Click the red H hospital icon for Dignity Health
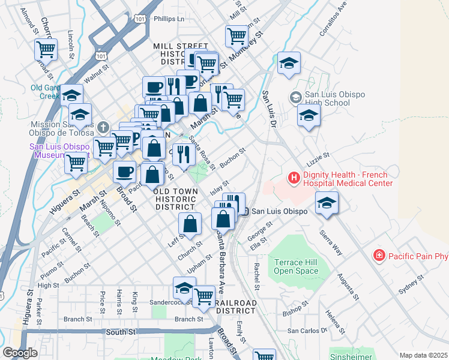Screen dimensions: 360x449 294,178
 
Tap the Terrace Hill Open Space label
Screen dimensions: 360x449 296,266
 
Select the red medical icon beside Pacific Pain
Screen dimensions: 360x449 379,256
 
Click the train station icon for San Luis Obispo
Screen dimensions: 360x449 245,211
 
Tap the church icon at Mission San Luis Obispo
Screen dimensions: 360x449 103,127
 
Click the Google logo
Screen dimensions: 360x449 20,353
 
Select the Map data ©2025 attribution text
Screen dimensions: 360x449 424,355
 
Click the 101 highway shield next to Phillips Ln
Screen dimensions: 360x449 140,19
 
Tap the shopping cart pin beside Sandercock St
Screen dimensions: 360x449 204,296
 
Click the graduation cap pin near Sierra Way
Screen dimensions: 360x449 327,203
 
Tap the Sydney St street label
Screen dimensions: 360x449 412,285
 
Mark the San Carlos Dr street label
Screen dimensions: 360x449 307,331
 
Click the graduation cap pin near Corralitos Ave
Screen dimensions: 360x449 289,64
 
